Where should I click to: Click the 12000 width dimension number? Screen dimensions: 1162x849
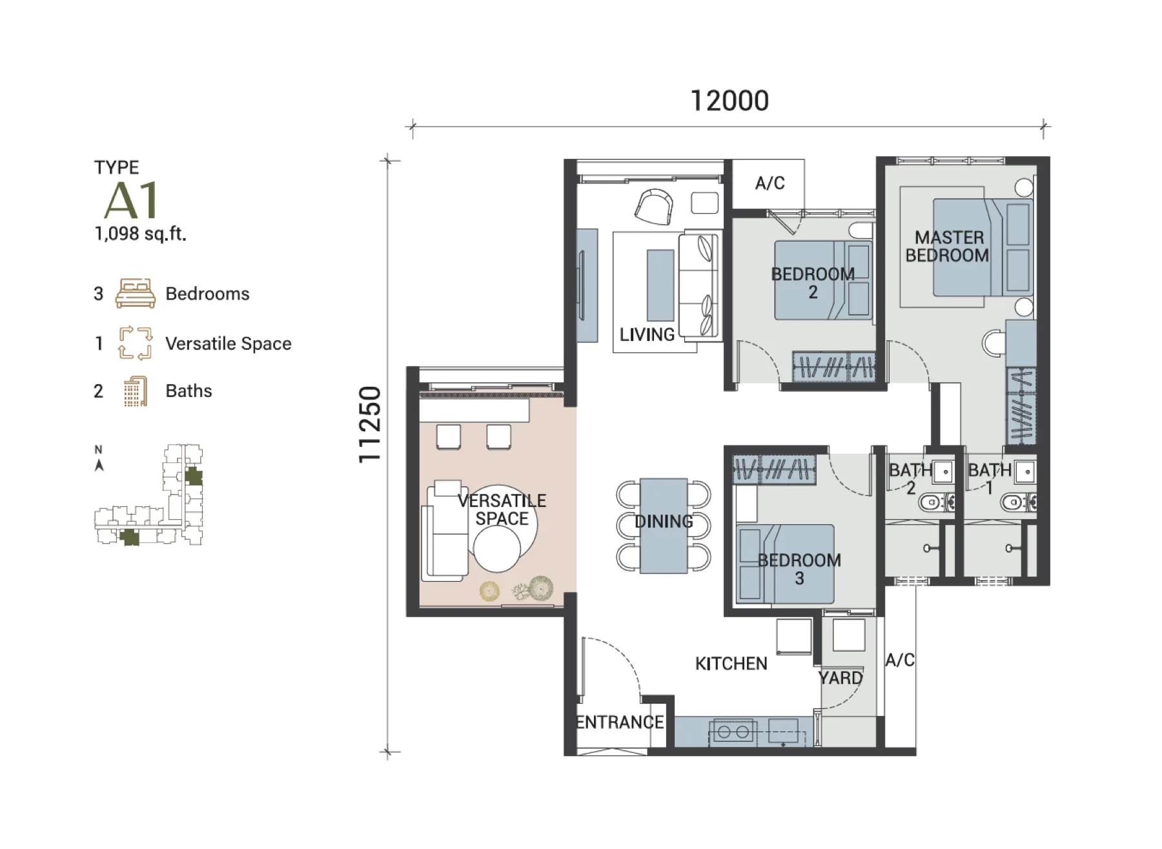pyautogui.click(x=729, y=101)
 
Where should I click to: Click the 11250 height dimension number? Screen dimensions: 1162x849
pyautogui.click(x=370, y=424)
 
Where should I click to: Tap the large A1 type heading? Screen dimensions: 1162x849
pyautogui.click(x=131, y=200)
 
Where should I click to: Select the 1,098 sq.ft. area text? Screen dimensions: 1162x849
pyautogui.click(x=140, y=234)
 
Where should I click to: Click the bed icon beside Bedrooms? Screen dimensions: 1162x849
pyautogui.click(x=135, y=293)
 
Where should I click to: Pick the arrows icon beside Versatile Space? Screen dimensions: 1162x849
pyautogui.click(x=135, y=343)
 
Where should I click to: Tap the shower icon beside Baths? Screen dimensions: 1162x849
pyautogui.click(x=135, y=391)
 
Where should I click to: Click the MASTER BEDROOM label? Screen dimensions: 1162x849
pyautogui.click(x=947, y=247)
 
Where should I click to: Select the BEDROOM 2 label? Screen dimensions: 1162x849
pyautogui.click(x=813, y=283)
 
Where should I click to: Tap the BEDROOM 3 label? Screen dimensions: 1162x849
pyautogui.click(x=799, y=569)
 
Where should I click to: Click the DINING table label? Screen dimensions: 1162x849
pyautogui.click(x=664, y=522)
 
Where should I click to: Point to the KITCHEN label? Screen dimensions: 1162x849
pyautogui.click(x=731, y=664)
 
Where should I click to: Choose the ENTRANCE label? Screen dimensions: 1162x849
pyautogui.click(x=620, y=722)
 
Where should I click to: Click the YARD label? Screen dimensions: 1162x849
pyautogui.click(x=841, y=678)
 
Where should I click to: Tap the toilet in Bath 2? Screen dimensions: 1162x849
pyautogui.click(x=935, y=502)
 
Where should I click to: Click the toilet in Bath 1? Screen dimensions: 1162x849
pyautogui.click(x=1017, y=502)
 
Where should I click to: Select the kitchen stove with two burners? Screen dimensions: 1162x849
pyautogui.click(x=733, y=732)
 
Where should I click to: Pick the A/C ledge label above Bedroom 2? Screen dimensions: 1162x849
pyautogui.click(x=770, y=183)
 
